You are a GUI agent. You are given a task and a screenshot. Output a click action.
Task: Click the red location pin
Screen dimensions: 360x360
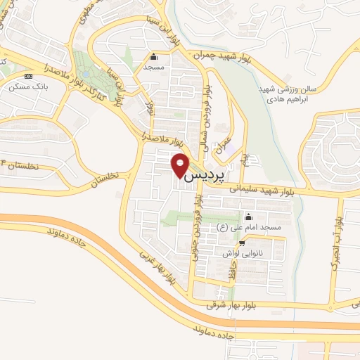click(x=180, y=165)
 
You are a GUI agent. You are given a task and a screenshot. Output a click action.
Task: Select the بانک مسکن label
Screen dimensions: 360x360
click(x=23, y=86)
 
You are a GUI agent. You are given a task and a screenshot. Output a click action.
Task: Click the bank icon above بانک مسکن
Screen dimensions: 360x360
click(x=28, y=76)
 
